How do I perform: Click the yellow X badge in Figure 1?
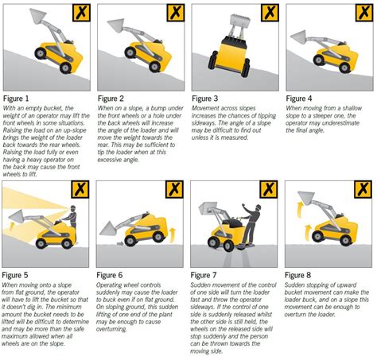coord(80,13)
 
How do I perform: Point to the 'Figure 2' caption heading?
coord(113,99)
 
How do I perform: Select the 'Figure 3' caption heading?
coord(207,99)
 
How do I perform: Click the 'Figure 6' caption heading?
coord(113,276)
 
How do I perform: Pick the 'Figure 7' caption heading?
coord(207,276)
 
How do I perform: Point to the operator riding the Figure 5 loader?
coord(69,215)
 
